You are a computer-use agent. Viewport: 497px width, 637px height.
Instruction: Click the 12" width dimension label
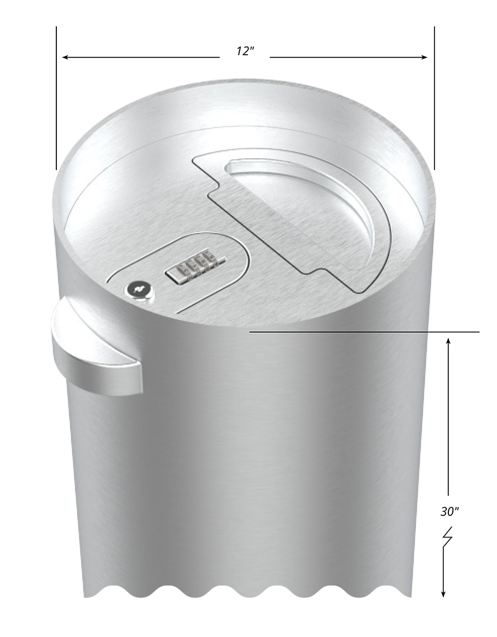click(244, 51)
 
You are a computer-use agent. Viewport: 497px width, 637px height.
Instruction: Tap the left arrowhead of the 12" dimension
click(65, 57)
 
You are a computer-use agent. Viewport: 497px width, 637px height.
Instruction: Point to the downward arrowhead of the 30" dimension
click(443, 593)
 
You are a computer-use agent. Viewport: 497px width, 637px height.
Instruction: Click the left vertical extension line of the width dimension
click(56, 100)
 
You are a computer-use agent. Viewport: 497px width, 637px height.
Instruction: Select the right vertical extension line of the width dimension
click(435, 100)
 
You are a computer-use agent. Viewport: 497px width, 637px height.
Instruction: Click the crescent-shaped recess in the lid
click(326, 205)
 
